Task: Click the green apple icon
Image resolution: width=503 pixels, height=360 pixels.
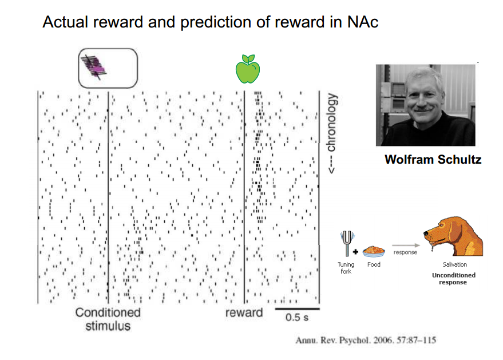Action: (x=248, y=69)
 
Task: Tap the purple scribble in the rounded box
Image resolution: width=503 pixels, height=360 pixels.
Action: (x=94, y=67)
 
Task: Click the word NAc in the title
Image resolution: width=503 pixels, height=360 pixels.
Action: (x=362, y=22)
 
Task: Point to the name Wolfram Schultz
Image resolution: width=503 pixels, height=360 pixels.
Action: (x=433, y=160)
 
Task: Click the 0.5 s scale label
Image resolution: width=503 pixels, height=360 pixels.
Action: (x=297, y=317)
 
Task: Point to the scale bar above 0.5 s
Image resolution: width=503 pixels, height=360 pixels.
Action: (x=298, y=309)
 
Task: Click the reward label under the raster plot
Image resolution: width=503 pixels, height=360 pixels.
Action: (x=244, y=312)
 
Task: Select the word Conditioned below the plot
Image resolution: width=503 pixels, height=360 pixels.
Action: (x=108, y=312)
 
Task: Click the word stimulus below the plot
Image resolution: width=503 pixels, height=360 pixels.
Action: (x=108, y=326)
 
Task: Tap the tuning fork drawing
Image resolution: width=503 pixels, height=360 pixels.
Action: (x=347, y=243)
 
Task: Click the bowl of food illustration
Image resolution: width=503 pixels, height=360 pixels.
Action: (x=374, y=251)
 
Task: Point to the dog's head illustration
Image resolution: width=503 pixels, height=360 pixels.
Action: (x=453, y=235)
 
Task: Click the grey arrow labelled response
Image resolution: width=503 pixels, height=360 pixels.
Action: (x=406, y=246)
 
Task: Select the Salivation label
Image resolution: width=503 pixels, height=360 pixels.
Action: (x=454, y=264)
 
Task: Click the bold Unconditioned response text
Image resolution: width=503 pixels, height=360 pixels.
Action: (x=453, y=279)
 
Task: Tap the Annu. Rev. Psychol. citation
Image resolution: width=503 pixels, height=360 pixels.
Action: (x=366, y=340)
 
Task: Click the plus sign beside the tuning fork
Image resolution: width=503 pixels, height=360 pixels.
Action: (x=355, y=252)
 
